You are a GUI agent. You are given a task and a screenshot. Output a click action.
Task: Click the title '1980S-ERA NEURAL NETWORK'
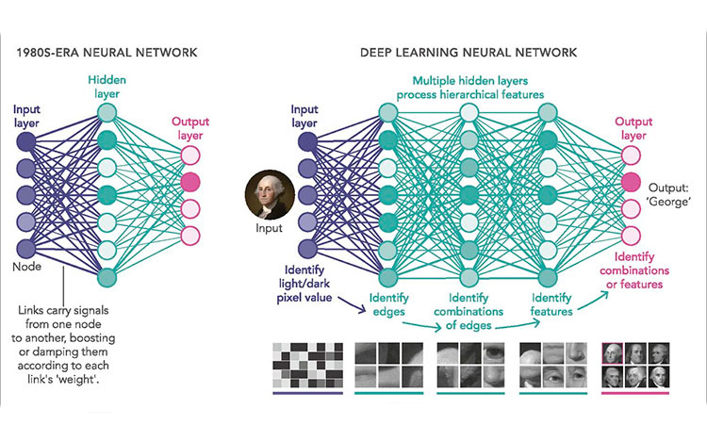click(107, 53)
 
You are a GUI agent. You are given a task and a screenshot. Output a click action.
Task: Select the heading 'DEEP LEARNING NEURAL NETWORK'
click(469, 53)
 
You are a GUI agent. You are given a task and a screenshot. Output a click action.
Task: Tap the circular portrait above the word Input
click(270, 194)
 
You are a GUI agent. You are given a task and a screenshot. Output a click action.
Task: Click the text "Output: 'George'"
click(668, 195)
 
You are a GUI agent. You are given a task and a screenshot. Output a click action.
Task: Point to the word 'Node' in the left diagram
click(26, 267)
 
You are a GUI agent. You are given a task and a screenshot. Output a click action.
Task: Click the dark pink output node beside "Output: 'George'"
click(631, 182)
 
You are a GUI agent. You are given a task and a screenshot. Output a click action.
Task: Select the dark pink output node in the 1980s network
click(190, 182)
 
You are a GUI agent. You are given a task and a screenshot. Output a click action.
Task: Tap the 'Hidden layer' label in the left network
click(107, 87)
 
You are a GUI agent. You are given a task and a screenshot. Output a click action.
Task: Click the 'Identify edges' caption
click(388, 304)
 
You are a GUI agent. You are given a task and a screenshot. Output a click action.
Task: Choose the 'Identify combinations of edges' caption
click(469, 312)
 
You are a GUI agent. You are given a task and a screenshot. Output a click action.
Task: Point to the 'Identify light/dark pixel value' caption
click(304, 284)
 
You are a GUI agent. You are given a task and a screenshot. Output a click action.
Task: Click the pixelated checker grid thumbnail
click(307, 366)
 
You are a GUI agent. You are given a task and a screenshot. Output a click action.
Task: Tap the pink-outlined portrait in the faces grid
click(613, 353)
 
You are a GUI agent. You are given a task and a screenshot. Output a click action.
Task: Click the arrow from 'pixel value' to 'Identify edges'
click(353, 304)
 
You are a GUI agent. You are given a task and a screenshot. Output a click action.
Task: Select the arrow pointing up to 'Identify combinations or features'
click(593, 301)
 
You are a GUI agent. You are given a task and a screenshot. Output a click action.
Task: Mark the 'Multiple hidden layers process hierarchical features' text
click(470, 88)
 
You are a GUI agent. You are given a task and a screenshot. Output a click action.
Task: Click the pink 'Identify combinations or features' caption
click(634, 270)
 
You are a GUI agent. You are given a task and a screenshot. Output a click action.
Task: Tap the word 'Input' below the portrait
click(269, 228)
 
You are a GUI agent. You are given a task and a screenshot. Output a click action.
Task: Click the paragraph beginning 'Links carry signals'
click(63, 345)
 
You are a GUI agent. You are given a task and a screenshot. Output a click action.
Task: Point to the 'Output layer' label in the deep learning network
click(633, 128)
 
